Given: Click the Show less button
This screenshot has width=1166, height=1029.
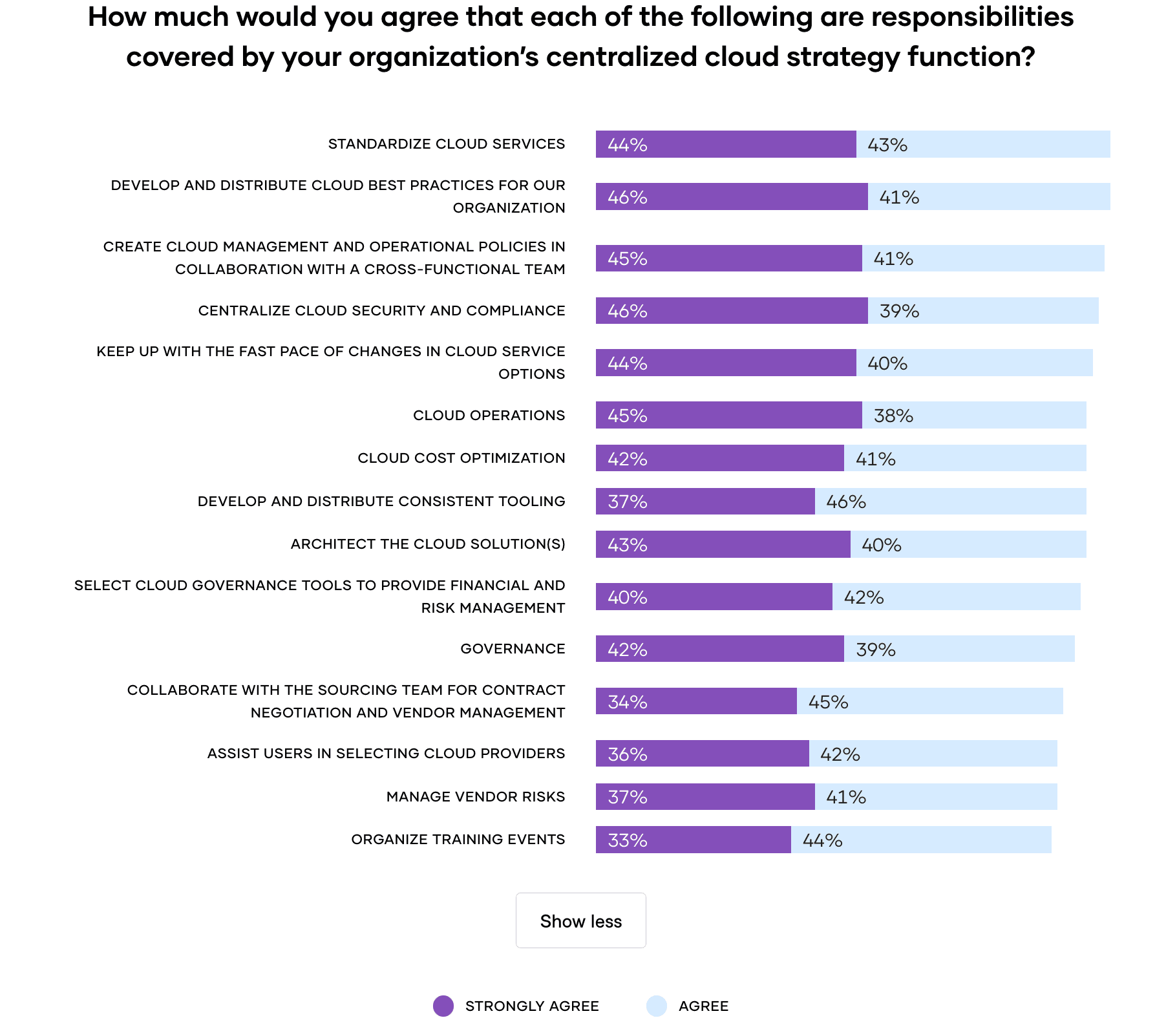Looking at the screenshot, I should [x=580, y=920].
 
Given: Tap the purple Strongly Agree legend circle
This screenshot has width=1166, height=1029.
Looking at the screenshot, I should [x=443, y=1006].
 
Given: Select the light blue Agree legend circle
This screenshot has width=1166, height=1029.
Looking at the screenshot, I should [x=656, y=1006].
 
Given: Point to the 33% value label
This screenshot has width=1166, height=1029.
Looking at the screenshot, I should [x=627, y=840].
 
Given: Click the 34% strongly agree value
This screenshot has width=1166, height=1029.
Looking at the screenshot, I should [x=627, y=702].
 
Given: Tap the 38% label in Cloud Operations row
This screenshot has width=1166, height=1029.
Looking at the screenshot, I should [x=893, y=416].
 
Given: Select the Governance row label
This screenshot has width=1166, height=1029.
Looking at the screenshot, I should [x=513, y=649].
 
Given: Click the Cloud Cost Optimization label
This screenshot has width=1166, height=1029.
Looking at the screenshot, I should [x=461, y=458].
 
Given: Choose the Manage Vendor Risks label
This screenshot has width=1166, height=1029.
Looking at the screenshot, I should [x=475, y=797].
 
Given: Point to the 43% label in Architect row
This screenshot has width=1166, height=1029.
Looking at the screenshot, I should [x=627, y=545].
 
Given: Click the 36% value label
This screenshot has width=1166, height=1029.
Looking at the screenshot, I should [x=627, y=754].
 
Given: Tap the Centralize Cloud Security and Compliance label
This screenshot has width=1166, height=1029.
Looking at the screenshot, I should [x=381, y=311].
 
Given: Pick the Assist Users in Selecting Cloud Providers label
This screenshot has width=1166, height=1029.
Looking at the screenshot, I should [x=386, y=754].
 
